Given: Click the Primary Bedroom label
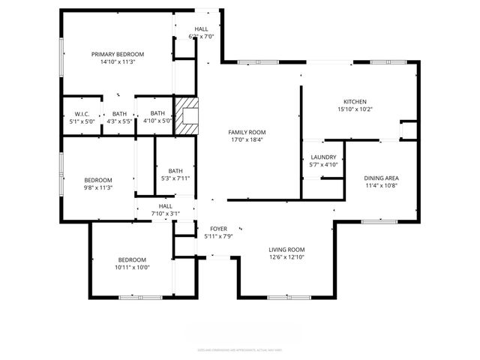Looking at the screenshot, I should tap(118, 54).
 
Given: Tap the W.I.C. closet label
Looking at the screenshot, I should tap(82, 113).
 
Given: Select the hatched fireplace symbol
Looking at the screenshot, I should tap(187, 115).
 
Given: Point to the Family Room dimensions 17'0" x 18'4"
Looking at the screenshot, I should tap(247, 139).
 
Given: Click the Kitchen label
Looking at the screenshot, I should tap(355, 102).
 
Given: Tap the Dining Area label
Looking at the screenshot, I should tap(381, 178).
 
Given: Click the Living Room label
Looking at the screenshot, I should tap(286, 250).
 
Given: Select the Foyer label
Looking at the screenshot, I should tap(218, 229).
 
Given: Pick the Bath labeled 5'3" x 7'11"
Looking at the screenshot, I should tap(175, 178).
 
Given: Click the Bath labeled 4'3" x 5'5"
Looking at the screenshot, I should tap(120, 120).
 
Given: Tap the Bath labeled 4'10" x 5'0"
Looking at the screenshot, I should tap(157, 120).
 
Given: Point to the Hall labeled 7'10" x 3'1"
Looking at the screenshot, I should tap(166, 213).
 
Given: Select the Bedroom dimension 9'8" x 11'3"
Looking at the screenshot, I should tap(98, 187).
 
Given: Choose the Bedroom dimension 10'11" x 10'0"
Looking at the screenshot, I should tap(133, 267).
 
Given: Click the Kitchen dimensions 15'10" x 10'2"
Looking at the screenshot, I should tap(355, 109).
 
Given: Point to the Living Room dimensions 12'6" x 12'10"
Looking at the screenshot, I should tap(286, 257).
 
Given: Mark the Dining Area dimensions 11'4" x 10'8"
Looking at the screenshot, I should tap(381, 185).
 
